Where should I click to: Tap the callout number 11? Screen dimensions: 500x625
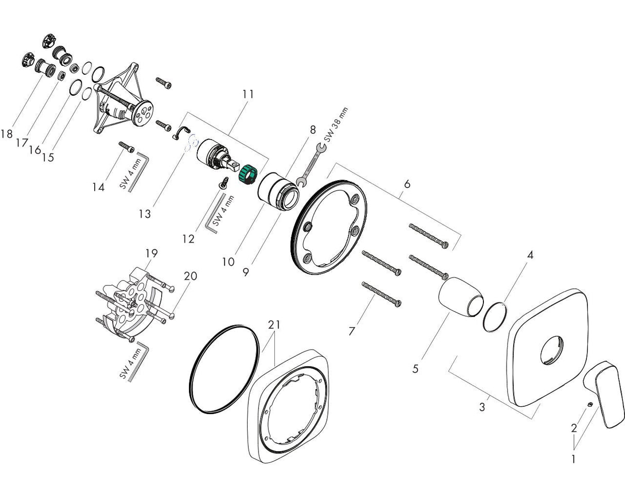(x=249, y=94)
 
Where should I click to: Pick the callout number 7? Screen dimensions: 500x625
(x=352, y=331)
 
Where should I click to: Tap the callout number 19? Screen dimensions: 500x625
(x=151, y=253)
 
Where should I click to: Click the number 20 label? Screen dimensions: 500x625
(x=190, y=276)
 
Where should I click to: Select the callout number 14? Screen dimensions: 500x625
(x=98, y=187)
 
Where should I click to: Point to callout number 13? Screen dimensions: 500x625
(x=145, y=214)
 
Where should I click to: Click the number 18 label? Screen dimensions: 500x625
(x=6, y=134)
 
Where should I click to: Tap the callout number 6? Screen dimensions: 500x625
(x=407, y=184)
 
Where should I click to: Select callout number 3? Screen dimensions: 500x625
(x=482, y=407)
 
